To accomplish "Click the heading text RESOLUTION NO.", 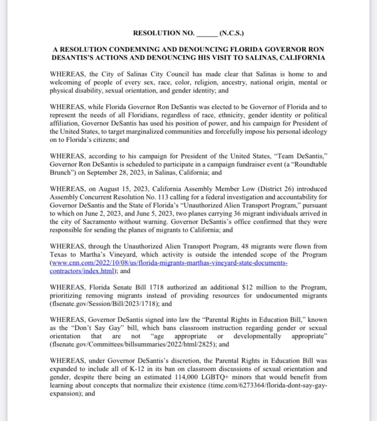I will (164, 33).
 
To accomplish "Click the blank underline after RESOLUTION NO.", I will (207, 34).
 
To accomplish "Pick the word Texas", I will (59, 254).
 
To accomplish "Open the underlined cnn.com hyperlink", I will (168, 263).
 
